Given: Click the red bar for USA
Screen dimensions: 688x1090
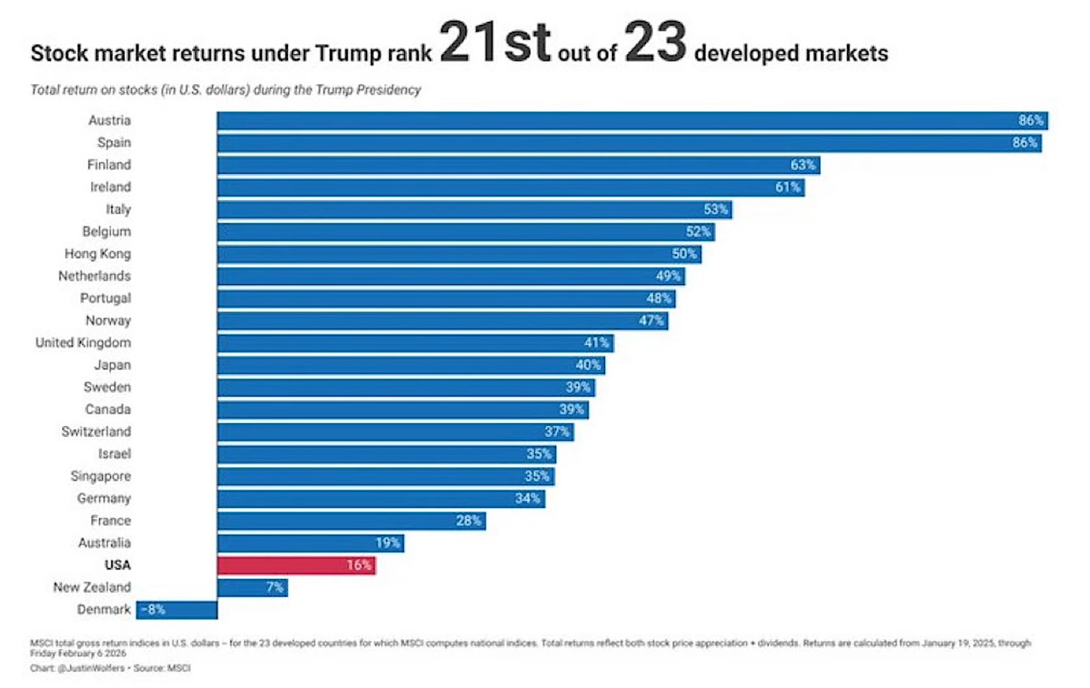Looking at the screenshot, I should [297, 566].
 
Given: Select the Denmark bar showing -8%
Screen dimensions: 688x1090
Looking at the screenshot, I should [177, 610].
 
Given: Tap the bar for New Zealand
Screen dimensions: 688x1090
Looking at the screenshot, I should [252, 588].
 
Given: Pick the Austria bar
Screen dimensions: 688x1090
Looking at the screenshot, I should [632, 121].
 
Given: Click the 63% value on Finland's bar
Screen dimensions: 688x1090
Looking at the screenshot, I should [803, 165].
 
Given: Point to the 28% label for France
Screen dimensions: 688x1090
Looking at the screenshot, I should [468, 521].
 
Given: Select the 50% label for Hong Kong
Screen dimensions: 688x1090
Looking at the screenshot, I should [684, 254].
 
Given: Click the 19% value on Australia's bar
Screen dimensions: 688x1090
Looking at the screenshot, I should [387, 543].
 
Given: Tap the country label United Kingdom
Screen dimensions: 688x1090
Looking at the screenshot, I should [83, 343].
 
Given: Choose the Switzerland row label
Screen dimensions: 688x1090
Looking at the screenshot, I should [96, 432].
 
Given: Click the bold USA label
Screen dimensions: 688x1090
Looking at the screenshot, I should [118, 565].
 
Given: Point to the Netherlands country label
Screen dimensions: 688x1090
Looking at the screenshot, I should [94, 276].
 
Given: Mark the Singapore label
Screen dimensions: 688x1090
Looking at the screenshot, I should [100, 476].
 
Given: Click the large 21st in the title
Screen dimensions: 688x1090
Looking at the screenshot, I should [494, 43].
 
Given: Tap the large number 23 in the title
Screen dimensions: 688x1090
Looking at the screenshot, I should [655, 43].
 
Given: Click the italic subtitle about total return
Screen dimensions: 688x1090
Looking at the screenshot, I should [225, 90].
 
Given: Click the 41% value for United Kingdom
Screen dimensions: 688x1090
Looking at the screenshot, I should [596, 343].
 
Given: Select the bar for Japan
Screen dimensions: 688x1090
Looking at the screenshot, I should [411, 365].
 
